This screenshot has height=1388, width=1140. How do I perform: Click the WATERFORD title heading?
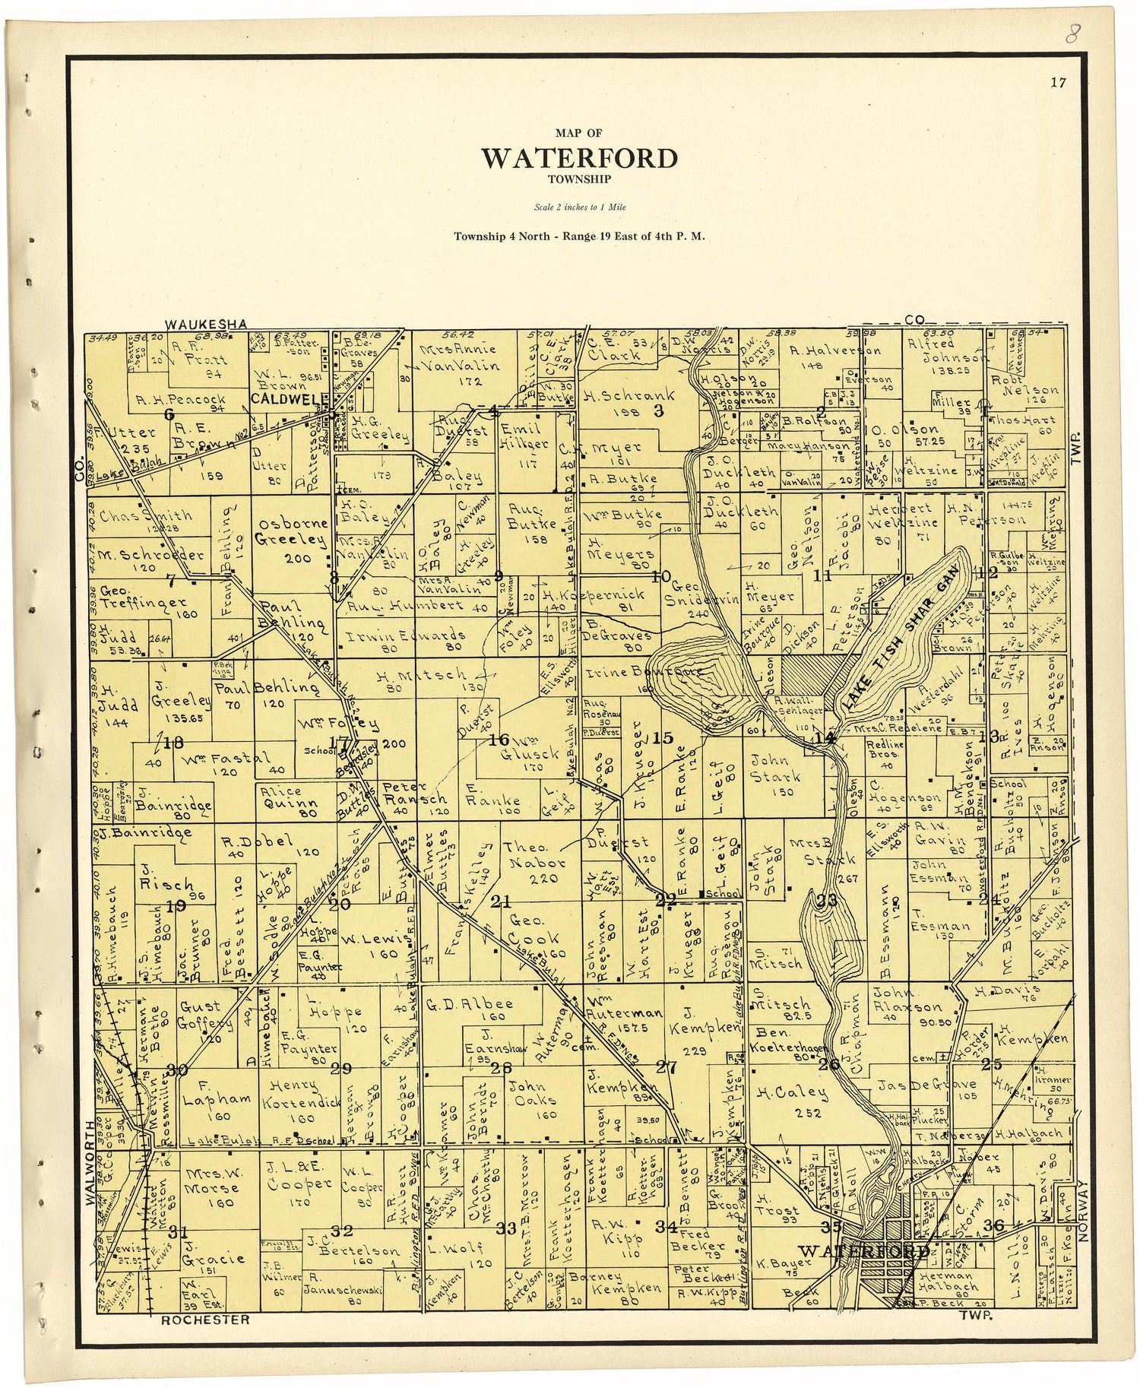point(579,158)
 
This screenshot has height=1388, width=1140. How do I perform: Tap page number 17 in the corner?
point(1058,84)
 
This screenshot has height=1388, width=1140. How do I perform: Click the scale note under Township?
point(579,207)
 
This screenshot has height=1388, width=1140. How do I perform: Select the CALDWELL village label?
point(284,398)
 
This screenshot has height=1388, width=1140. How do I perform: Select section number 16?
point(499,740)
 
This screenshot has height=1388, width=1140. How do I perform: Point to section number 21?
point(500,902)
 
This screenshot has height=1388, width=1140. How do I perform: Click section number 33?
point(506,1228)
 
